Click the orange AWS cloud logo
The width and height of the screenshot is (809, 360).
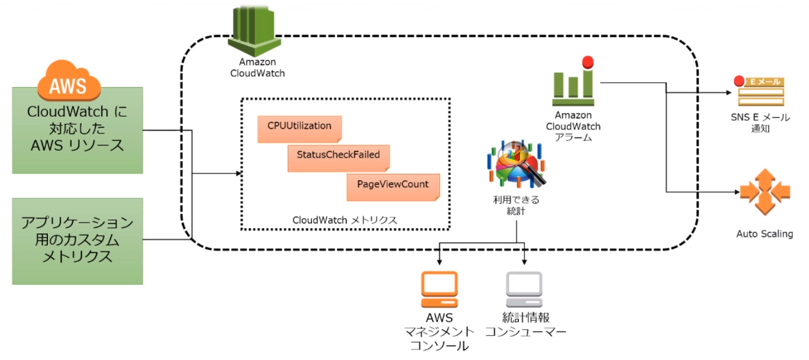68,83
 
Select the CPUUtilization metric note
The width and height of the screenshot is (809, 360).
299,128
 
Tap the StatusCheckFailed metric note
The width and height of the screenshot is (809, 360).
338,158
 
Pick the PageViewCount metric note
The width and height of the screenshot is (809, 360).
393,187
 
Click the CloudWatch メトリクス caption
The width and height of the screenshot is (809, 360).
344,220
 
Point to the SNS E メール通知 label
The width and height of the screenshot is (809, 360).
760,123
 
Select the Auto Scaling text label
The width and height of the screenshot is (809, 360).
764,234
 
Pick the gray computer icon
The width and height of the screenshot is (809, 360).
524,290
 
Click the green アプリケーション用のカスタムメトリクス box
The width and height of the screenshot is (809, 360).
77,241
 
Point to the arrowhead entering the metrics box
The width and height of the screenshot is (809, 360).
238,173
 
